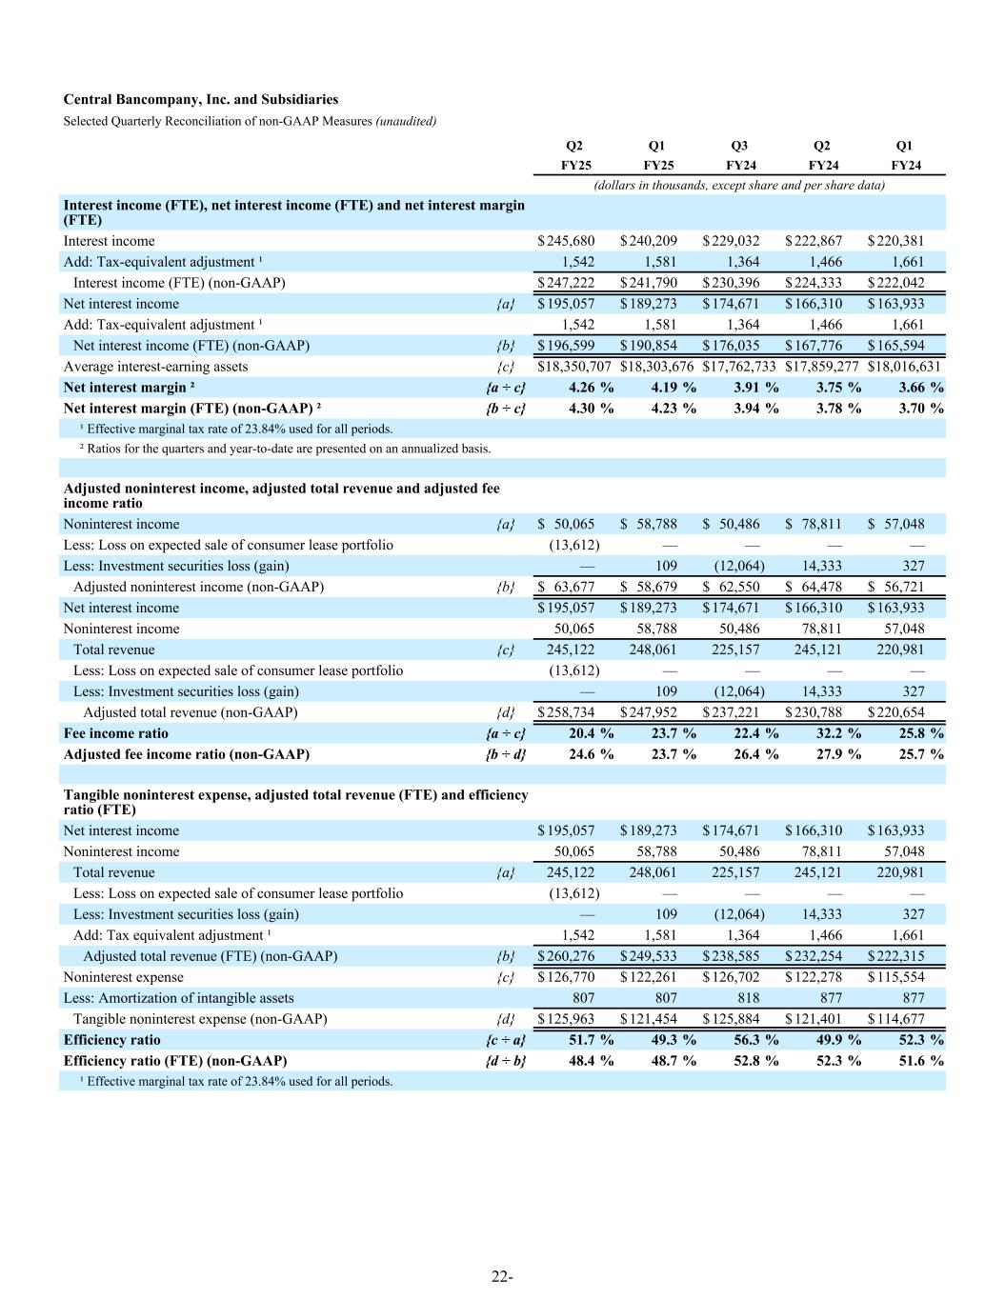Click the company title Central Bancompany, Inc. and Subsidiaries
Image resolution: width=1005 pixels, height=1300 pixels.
(x=200, y=99)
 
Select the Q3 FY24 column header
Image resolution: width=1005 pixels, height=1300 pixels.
(x=738, y=155)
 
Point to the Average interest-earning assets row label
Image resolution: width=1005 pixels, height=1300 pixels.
(x=155, y=367)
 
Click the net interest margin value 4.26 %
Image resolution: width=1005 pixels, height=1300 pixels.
(x=591, y=388)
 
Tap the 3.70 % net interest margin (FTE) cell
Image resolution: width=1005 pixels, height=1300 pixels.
(x=921, y=409)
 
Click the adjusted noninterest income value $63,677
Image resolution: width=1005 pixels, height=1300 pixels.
(x=567, y=587)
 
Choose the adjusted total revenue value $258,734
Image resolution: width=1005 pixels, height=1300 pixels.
(x=567, y=712)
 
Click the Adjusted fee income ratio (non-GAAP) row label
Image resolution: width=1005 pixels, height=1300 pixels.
(x=186, y=754)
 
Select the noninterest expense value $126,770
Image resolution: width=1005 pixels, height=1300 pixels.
(x=567, y=977)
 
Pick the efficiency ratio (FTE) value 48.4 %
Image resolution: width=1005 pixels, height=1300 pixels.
(x=591, y=1061)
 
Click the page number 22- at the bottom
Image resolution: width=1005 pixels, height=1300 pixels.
(x=502, y=1277)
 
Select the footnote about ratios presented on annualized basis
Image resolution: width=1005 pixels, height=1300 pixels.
(x=285, y=448)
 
